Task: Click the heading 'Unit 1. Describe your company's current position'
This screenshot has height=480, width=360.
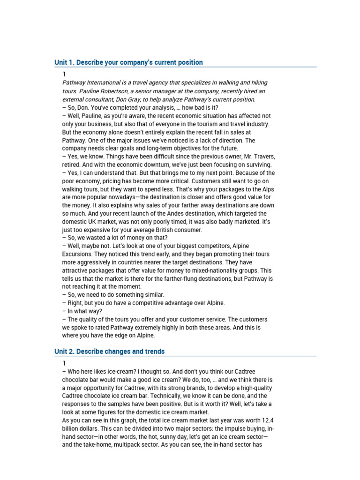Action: pyautogui.click(x=128, y=62)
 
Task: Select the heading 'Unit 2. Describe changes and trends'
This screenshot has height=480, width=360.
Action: pyautogui.click(x=109, y=352)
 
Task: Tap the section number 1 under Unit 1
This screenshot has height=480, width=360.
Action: pyautogui.click(x=64, y=75)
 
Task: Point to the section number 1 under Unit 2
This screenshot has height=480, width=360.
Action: pyautogui.click(x=64, y=363)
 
